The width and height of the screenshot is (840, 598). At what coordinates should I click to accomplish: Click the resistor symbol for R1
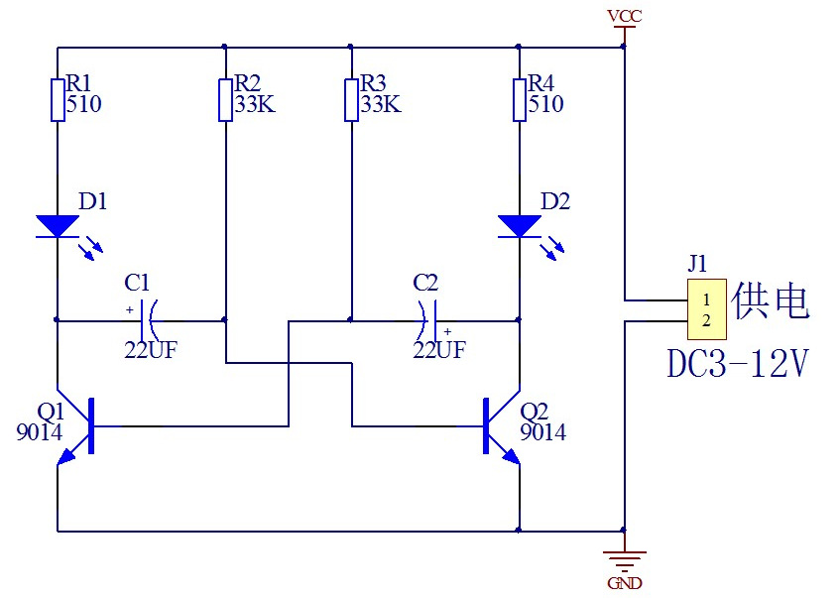58,99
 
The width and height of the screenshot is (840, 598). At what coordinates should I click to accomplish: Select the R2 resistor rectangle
225,99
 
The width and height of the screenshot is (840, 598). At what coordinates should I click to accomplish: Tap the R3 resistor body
351,99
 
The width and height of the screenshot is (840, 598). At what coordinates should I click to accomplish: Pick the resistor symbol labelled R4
520,99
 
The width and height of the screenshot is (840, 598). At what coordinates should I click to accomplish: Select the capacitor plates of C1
149,320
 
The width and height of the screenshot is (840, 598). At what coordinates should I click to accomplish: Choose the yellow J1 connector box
706,309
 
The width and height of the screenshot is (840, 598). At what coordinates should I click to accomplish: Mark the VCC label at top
624,17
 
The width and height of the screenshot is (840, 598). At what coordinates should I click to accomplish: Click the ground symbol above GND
624,560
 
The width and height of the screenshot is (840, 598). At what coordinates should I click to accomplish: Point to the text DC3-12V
738,364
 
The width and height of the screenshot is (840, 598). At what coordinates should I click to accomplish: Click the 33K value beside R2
255,104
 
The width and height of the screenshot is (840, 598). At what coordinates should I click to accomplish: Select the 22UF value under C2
439,350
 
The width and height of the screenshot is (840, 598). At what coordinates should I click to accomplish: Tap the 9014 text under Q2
542,432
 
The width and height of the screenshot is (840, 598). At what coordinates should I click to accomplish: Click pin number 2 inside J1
706,320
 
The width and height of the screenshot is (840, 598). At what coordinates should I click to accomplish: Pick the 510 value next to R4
545,104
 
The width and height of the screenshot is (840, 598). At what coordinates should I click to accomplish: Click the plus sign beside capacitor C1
130,309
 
